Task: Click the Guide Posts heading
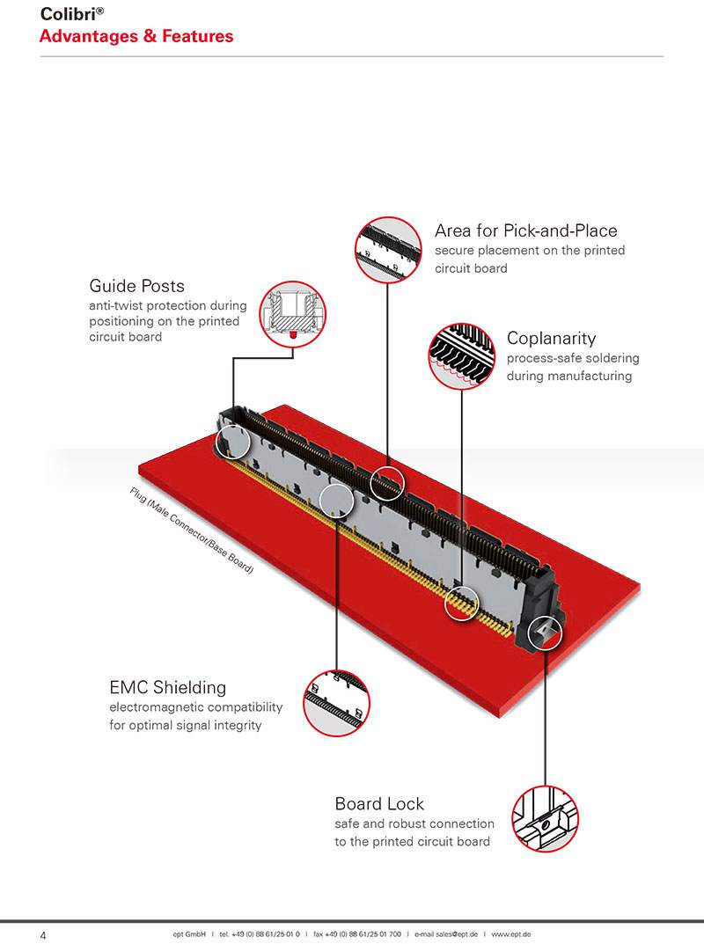136,286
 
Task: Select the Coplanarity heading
551,339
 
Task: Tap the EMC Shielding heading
167,687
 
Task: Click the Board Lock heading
379,804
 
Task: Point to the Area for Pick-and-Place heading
525,231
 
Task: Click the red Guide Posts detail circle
293,314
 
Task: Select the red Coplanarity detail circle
462,355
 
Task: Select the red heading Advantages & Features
136,36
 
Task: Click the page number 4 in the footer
43,935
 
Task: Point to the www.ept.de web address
510,934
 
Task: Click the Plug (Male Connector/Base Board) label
192,531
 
